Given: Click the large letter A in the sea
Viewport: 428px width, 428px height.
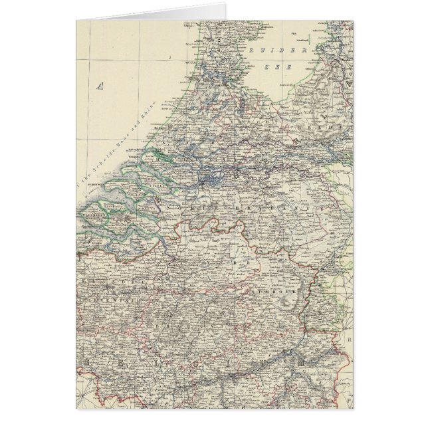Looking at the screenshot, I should click(102, 84).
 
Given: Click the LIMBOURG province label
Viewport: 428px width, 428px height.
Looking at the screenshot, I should click(272, 290).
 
